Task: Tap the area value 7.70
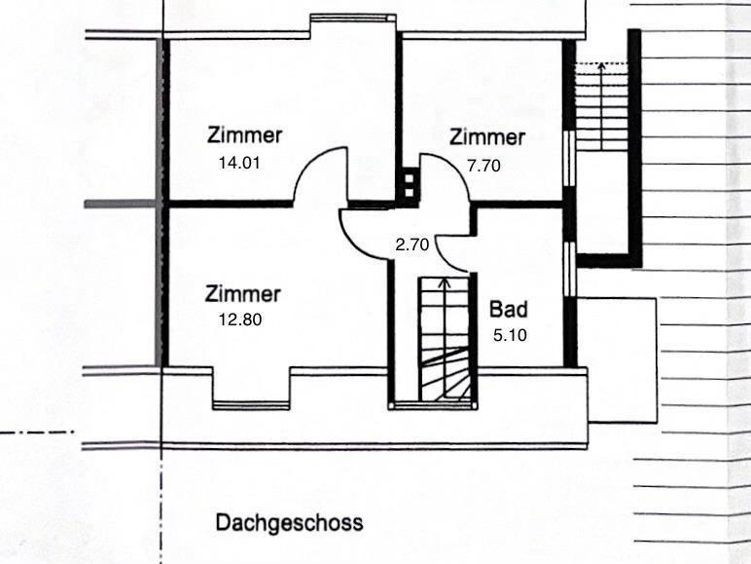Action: coord(483,166)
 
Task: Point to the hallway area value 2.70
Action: coord(412,245)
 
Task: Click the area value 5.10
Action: coord(511,336)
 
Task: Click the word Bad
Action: coord(509,311)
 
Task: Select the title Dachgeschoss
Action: coord(289,523)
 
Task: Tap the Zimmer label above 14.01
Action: coord(244,135)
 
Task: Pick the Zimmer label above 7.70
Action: coord(487,137)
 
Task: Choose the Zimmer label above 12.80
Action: coord(243,293)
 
